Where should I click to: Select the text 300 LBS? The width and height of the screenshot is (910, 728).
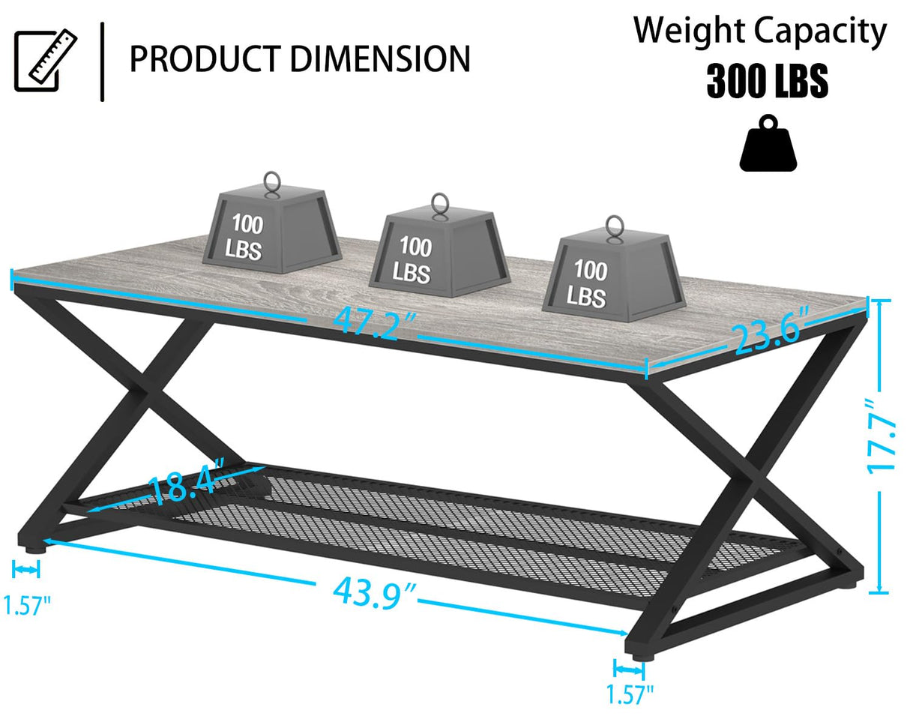click(767, 82)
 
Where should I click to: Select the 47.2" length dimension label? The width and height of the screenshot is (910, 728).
click(375, 322)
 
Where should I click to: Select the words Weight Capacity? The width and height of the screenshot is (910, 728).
click(760, 31)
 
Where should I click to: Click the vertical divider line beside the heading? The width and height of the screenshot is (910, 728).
click(102, 61)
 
